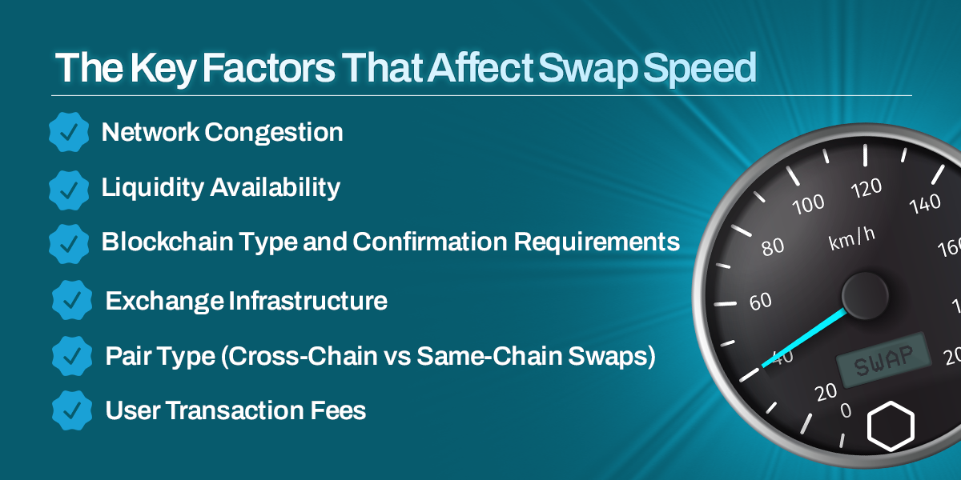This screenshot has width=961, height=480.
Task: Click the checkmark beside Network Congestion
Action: (x=69, y=133)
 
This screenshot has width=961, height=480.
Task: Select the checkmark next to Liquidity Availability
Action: (x=69, y=189)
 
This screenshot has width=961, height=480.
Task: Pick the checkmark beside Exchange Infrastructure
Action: (x=72, y=301)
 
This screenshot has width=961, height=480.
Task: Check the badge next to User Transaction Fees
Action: (x=72, y=410)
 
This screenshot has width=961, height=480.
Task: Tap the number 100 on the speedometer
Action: (x=808, y=205)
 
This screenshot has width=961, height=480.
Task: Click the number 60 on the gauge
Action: (x=760, y=301)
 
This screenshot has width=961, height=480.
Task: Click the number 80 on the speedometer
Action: (x=773, y=246)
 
